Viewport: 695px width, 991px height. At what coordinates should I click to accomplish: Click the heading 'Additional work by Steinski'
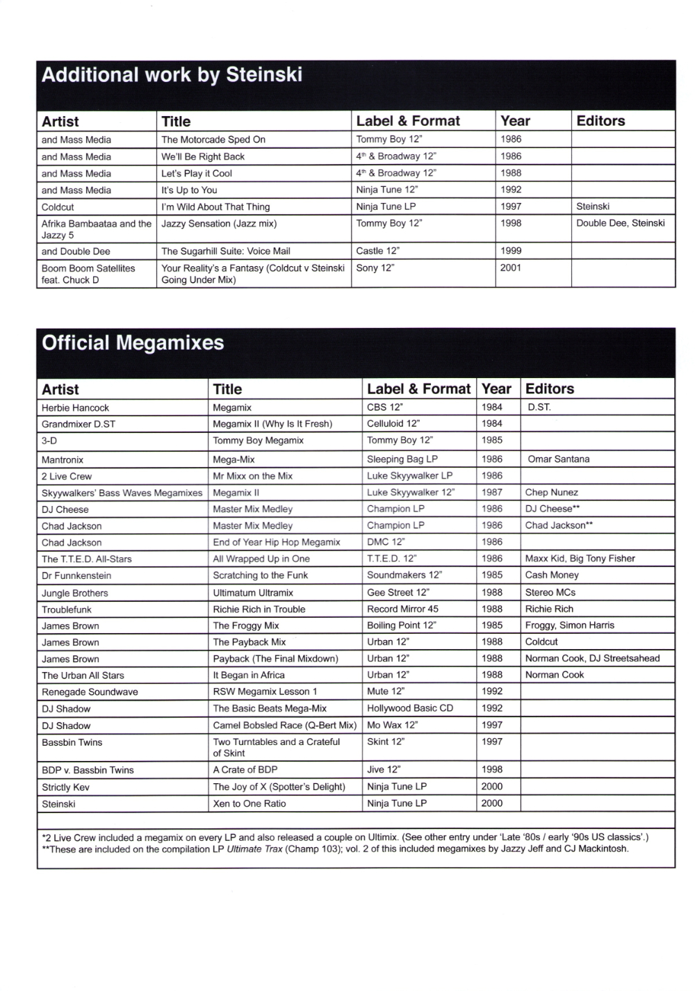coord(172,75)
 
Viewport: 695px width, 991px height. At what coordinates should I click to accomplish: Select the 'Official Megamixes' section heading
coord(133,343)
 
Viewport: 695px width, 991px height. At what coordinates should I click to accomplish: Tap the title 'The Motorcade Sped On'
coord(213,140)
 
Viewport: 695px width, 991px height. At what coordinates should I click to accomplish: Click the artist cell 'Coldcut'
coord(58,207)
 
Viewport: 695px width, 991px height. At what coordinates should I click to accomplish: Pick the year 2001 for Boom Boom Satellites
coord(510,268)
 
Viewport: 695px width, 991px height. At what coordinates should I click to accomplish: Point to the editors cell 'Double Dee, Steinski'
coord(620,223)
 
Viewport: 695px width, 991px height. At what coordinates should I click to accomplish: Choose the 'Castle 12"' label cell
coord(377,251)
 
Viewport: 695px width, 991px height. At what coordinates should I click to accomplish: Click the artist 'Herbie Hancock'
coord(75,408)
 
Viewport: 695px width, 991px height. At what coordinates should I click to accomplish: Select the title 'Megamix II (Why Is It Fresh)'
coord(272,424)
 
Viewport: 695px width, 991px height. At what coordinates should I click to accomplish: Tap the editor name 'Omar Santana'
coord(558,459)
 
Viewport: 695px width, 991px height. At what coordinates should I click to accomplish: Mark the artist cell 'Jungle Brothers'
coord(74,593)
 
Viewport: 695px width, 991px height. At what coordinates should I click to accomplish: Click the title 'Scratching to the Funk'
coord(260,575)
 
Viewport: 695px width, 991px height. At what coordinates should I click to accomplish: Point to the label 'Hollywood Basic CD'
coord(410,708)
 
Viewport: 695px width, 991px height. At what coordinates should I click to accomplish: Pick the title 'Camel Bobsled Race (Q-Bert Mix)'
coord(284,726)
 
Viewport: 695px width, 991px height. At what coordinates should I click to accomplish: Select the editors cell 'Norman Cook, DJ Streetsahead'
coord(592,658)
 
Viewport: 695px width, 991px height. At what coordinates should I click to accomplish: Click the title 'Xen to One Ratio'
coord(250,803)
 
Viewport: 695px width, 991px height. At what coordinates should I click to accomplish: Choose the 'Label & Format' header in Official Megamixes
coord(418,389)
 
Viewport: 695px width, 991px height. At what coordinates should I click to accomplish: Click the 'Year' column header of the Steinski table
coord(515,121)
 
